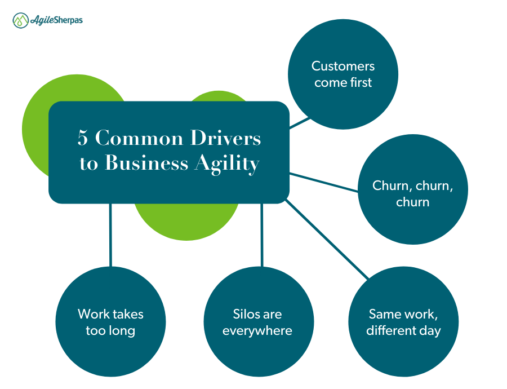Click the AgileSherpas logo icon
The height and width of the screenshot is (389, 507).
21,21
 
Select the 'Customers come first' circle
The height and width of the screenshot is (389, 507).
343,74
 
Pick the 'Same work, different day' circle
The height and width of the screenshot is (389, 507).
403,322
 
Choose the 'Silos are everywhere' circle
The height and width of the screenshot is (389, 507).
258,322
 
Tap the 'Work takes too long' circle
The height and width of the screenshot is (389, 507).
110,322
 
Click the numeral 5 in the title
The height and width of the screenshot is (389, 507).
83,139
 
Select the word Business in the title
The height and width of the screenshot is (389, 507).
146,163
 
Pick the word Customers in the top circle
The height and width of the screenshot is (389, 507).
343,67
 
